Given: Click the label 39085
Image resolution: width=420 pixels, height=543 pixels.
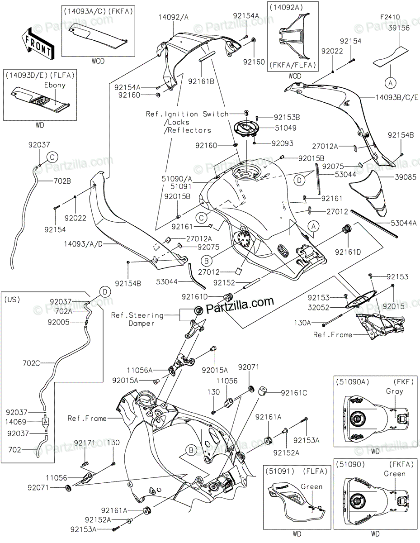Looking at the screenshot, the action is pos(406,177).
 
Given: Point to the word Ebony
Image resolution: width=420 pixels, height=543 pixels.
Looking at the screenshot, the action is pos(55,85).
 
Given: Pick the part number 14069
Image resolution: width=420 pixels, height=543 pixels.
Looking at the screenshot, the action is pos(16,422).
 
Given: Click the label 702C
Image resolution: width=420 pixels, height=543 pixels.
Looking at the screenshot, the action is pos(31,363).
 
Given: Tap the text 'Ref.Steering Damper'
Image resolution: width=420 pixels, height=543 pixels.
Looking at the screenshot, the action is pos(137,319).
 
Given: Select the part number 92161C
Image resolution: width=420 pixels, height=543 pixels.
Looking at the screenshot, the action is pos(294,393).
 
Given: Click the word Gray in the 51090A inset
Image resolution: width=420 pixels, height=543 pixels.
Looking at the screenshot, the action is pos(394,391).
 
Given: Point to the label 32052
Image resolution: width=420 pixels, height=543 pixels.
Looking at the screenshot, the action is pos(318,307).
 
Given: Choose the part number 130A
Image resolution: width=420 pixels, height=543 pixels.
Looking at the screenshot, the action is pos(302,323).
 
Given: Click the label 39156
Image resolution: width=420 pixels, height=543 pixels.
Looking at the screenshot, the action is pos(399,28).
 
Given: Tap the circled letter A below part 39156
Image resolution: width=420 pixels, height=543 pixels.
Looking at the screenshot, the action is pos(391,83).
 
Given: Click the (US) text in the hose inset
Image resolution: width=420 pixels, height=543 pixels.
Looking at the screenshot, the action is pos(12,300).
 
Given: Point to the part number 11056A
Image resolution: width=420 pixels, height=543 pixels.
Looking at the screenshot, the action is pos(140,370).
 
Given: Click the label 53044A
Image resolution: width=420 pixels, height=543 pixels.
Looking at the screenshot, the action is pos(404,223).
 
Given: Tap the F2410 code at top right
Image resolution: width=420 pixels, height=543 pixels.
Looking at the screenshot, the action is pos(390,17).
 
